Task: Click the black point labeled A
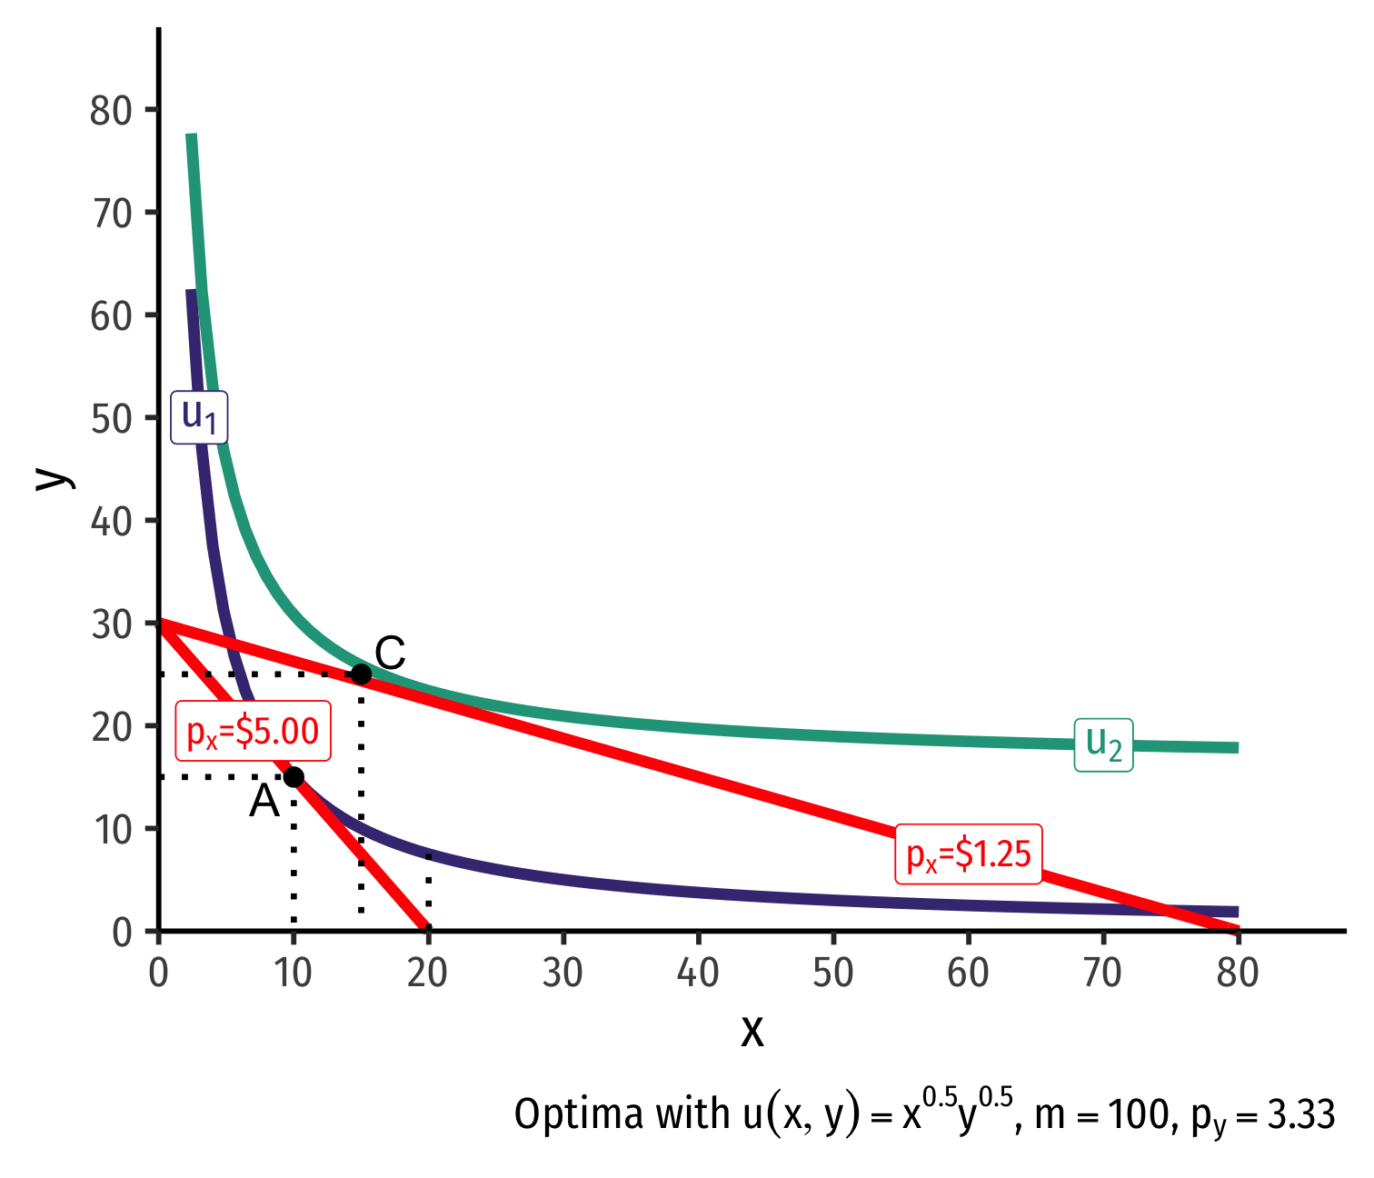click(294, 776)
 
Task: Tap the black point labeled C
click(361, 674)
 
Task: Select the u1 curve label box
click(199, 417)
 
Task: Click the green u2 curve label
click(1104, 744)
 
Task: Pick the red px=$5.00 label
click(253, 732)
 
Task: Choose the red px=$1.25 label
click(969, 854)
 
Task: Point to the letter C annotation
click(390, 653)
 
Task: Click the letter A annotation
click(264, 802)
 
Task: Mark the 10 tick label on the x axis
click(293, 973)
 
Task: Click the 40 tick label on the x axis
click(698, 973)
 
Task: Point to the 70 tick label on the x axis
click(1102, 973)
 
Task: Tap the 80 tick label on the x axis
click(1237, 973)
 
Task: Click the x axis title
click(752, 1031)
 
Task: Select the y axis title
click(53, 478)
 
